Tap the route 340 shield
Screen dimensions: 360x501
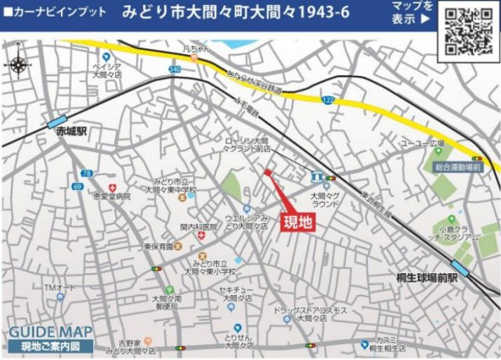[x=174, y=70]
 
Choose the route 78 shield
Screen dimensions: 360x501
[x=87, y=173]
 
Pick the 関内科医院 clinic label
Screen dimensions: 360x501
[x=198, y=227]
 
